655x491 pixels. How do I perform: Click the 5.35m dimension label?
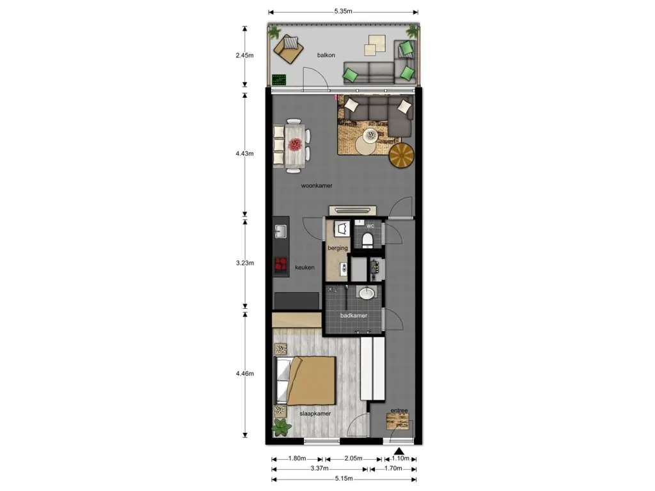(343, 12)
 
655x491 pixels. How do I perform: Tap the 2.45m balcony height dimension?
(244, 55)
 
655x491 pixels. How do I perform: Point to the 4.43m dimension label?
(244, 153)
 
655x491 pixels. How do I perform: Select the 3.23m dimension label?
(244, 263)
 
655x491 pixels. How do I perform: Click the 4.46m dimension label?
(244, 373)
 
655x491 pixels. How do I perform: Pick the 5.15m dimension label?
(343, 478)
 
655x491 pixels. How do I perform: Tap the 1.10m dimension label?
(400, 458)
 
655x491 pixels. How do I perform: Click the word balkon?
(326, 55)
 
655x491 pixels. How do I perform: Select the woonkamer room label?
(317, 185)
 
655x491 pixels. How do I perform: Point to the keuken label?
(304, 267)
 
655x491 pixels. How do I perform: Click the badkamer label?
(353, 315)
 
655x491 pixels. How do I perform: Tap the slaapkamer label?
(315, 414)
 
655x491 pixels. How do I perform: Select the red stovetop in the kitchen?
(281, 264)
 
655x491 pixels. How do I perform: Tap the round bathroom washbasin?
(367, 293)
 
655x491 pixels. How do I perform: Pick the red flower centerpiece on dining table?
(295, 144)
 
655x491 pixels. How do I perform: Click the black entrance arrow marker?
(399, 451)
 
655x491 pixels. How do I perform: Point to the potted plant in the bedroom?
(281, 428)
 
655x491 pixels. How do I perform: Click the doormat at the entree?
(397, 422)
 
